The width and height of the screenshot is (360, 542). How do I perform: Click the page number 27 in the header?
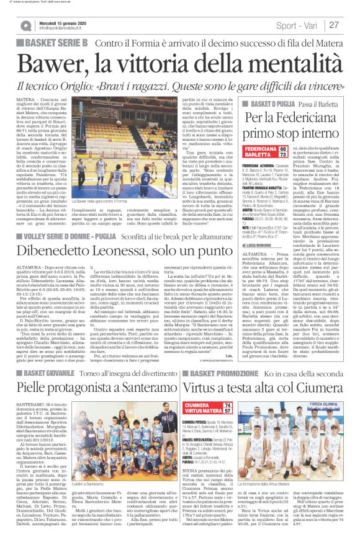(x=334, y=25)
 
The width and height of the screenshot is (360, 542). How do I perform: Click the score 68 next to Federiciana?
(x=300, y=149)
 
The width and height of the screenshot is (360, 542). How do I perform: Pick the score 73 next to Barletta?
(x=300, y=156)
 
